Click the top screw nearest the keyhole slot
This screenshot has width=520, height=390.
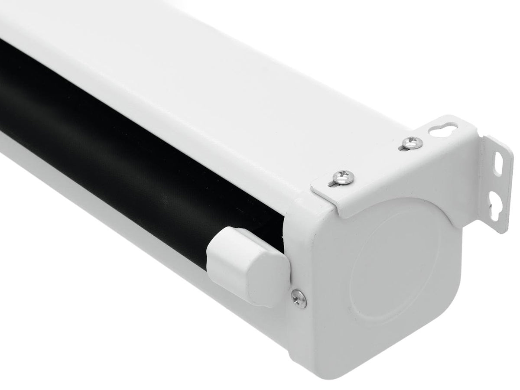tap(412, 142)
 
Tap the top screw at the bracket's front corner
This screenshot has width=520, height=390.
tap(344, 176)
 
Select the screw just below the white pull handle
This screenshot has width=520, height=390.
tap(299, 299)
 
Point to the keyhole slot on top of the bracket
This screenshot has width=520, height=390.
tap(442, 129)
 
